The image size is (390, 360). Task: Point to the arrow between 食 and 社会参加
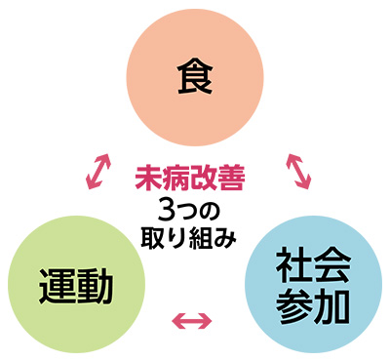[x=296, y=168]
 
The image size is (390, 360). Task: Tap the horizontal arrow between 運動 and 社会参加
[x=191, y=319]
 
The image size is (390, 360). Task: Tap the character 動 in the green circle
[x=96, y=287]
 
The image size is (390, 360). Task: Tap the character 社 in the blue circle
[x=292, y=266]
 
